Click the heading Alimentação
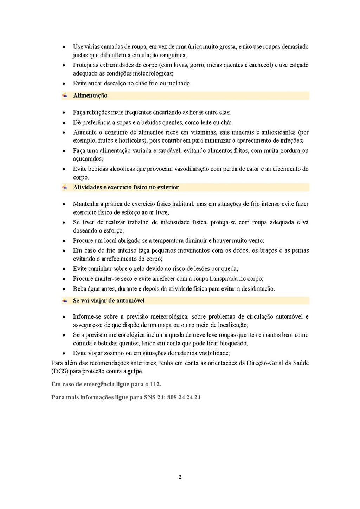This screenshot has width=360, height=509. click(90, 96)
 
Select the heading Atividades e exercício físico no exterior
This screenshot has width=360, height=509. click(126, 187)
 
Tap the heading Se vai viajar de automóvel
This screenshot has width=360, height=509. click(109, 301)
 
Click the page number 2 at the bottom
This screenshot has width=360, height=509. click(180, 477)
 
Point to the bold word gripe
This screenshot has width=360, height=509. click(135, 371)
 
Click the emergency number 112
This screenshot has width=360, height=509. click(155, 384)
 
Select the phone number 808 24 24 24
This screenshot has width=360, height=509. click(184, 397)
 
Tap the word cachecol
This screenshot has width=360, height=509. click(261, 65)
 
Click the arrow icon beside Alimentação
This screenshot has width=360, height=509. click(65, 95)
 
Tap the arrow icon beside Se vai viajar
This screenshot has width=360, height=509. click(65, 300)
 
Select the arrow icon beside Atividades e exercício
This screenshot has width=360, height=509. click(65, 187)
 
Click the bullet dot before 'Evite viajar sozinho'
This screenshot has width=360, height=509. click(64, 354)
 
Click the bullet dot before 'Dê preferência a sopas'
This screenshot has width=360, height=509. click(64, 123)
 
